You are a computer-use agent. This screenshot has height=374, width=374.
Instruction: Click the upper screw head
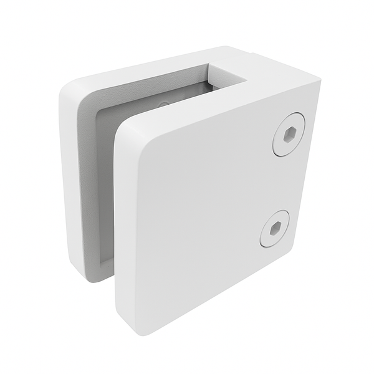288,134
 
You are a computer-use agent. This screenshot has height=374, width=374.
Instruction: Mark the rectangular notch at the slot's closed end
232,70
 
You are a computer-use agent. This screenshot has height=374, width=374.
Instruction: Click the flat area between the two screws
280,181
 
